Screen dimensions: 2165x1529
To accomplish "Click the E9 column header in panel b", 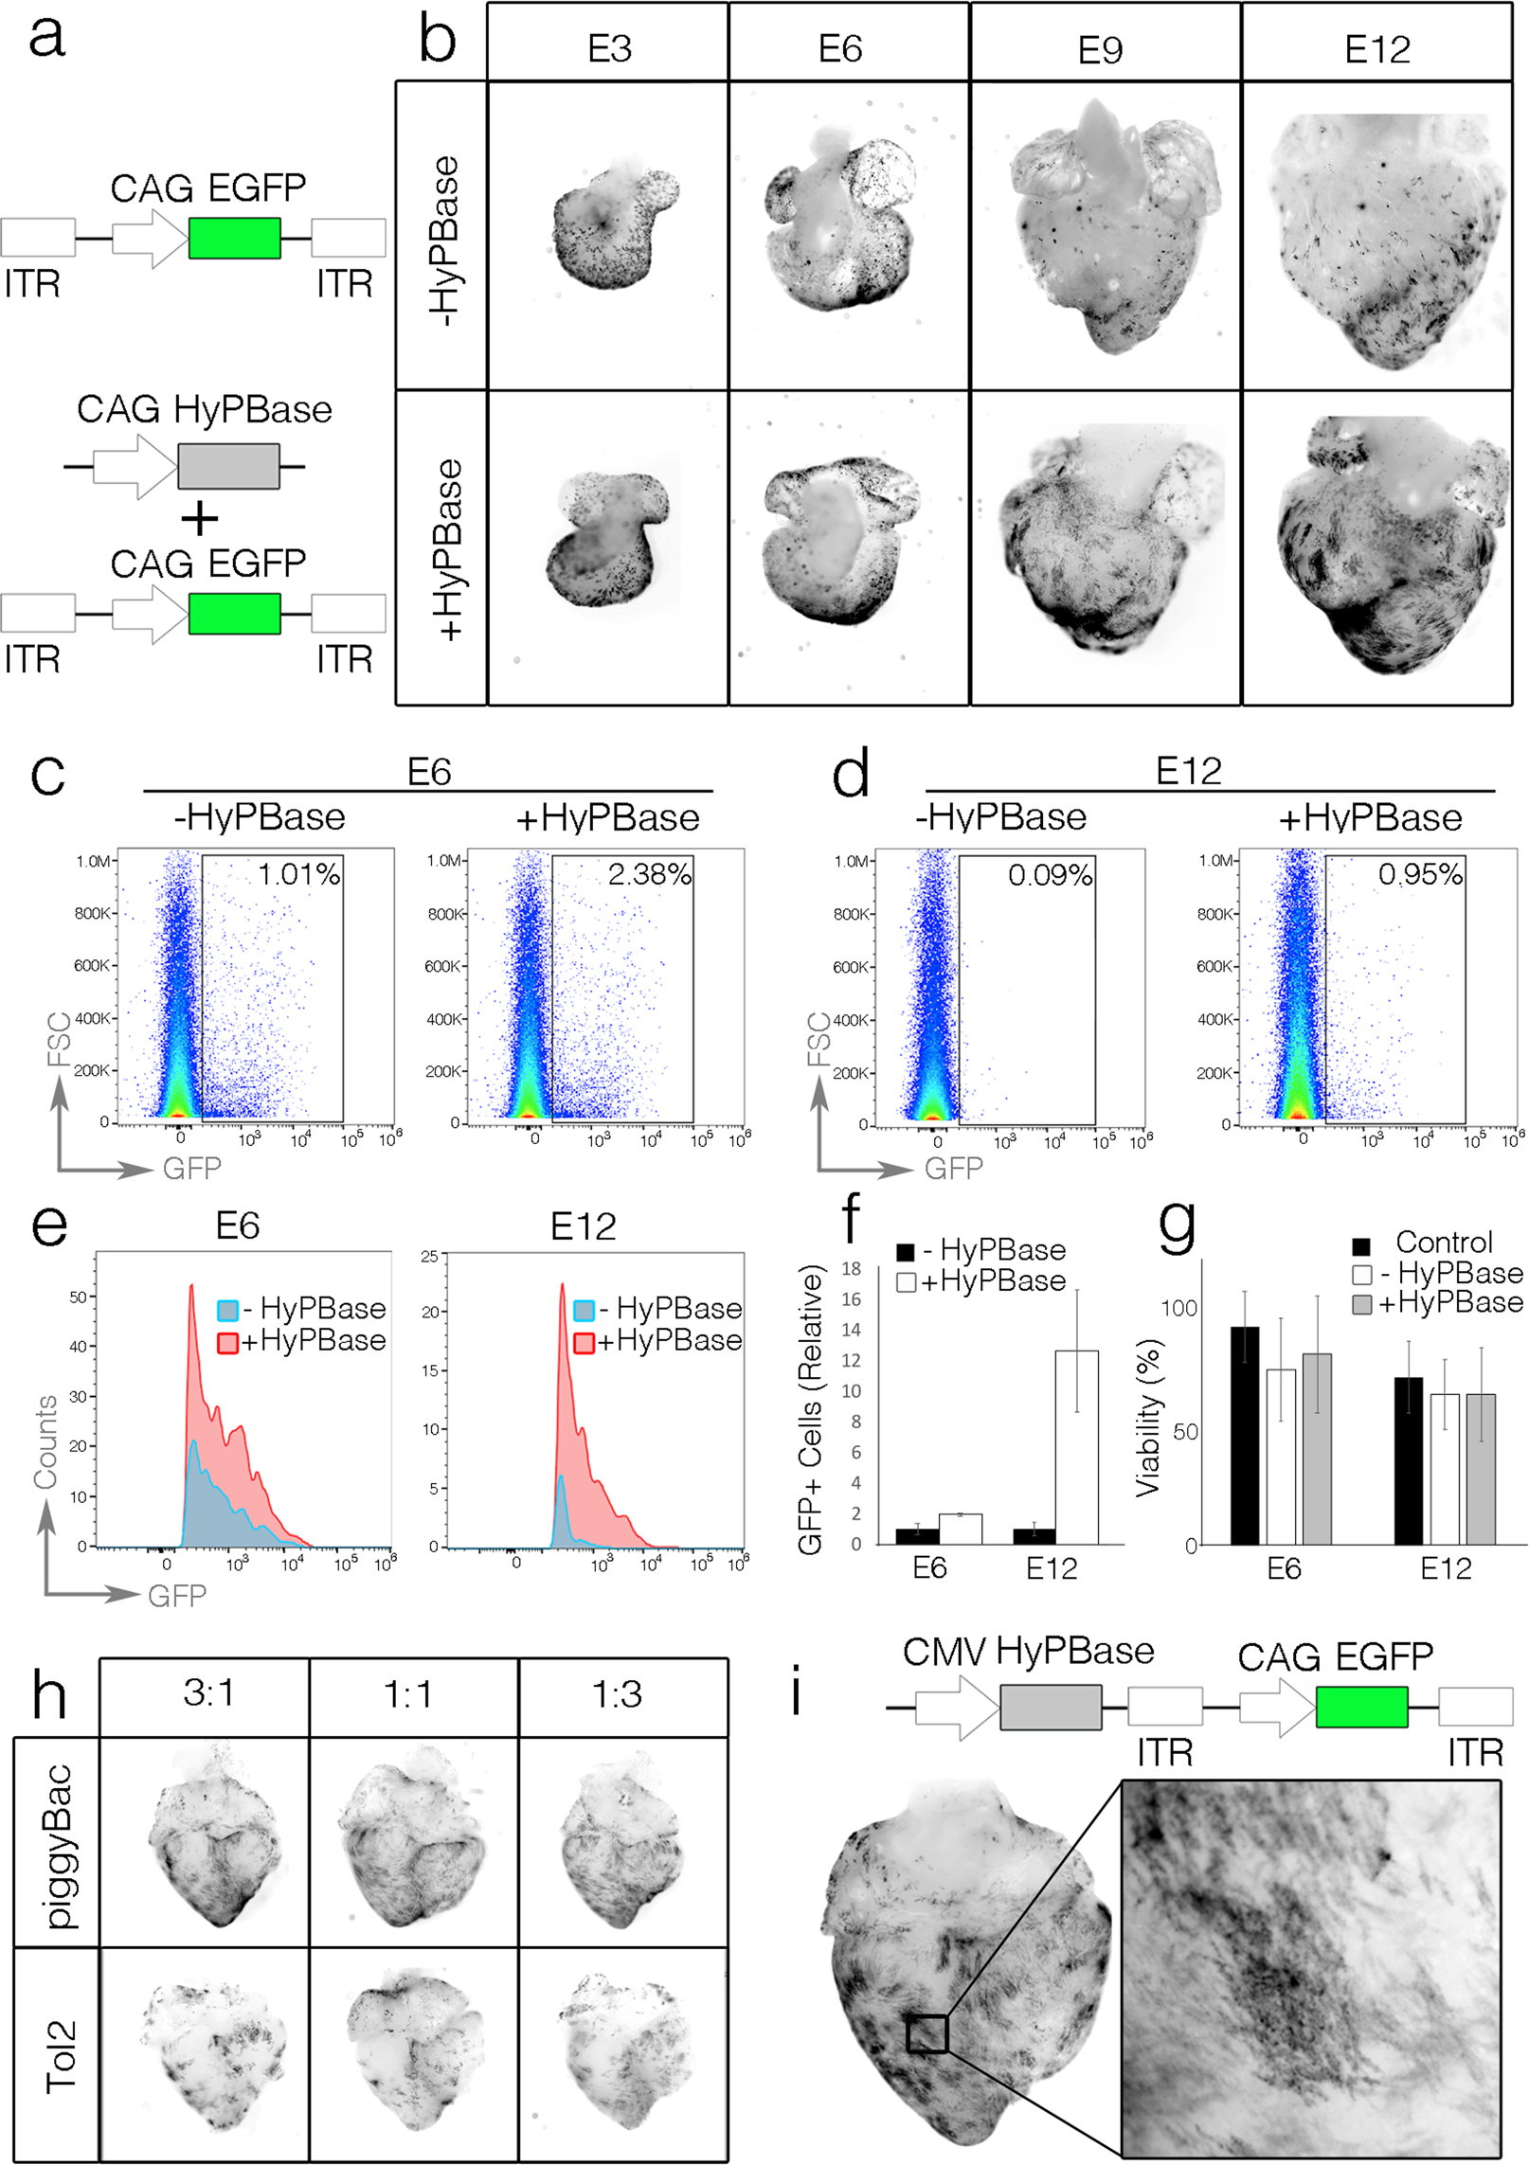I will pyautogui.click(x=1100, y=49).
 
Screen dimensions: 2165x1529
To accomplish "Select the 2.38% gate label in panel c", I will pyautogui.click(x=649, y=874).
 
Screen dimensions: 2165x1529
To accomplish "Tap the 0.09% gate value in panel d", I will pyautogui.click(x=1050, y=875).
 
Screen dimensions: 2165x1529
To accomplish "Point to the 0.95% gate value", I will pyautogui.click(x=1419, y=874).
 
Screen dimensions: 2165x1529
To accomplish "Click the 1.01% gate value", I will pyautogui.click(x=299, y=874).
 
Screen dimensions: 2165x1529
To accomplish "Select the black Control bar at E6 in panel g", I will pyautogui.click(x=1244, y=1435).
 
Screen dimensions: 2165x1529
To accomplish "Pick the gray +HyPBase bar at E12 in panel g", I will pyautogui.click(x=1481, y=1468).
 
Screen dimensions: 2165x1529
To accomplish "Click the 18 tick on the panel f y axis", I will pyautogui.click(x=851, y=1269).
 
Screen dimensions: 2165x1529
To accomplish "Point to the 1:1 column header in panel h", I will pyautogui.click(x=408, y=1694).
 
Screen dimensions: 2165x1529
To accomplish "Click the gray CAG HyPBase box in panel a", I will pyautogui.click(x=228, y=466).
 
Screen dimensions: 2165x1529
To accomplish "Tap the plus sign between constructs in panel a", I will pyautogui.click(x=200, y=518).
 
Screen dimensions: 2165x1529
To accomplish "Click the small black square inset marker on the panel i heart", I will pyautogui.click(x=926, y=2034).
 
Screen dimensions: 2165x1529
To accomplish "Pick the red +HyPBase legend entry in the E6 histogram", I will pyautogui.click(x=302, y=1341).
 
